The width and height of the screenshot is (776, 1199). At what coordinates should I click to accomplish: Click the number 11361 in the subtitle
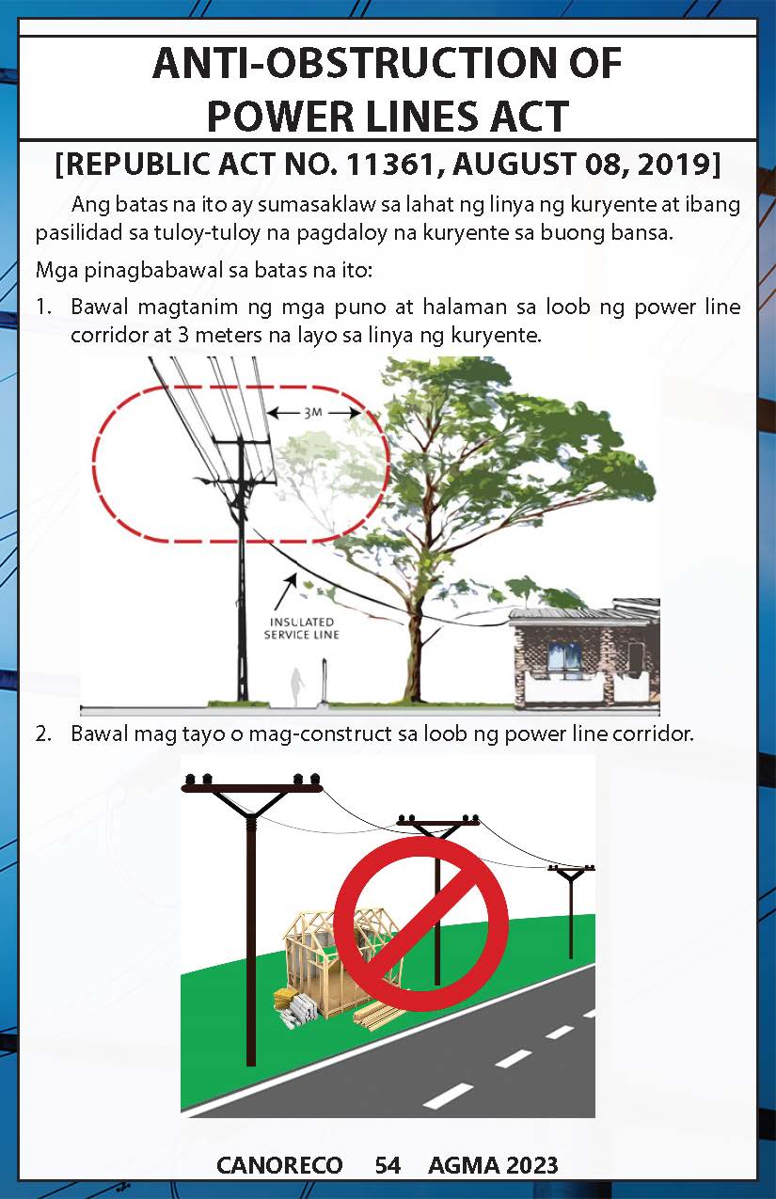(x=389, y=165)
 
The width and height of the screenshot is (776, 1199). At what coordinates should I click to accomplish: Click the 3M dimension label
(x=313, y=413)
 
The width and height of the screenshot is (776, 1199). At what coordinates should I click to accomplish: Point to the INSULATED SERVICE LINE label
(x=302, y=628)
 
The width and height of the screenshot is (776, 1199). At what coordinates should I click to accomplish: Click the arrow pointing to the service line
(x=285, y=592)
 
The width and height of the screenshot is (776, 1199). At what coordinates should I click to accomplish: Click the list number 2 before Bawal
(x=42, y=734)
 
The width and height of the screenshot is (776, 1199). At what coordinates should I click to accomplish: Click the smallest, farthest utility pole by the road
(x=571, y=911)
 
